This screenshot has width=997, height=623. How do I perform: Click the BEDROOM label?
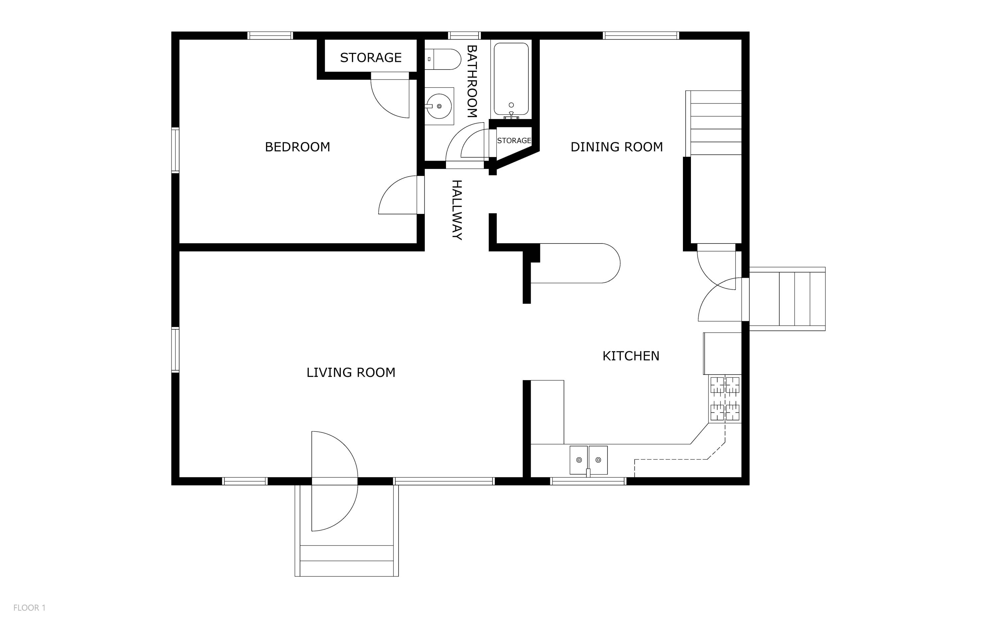pos(297,147)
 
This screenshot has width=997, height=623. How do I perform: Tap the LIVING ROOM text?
pos(351,373)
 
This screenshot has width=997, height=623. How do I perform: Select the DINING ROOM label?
pos(616,147)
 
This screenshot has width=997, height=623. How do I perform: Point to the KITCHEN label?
pos(631,356)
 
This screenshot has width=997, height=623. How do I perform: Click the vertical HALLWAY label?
pos(457,210)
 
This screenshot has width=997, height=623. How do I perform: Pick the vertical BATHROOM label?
pos(472,81)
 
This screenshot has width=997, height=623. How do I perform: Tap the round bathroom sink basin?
pos(439,106)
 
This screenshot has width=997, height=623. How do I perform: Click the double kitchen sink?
pos(588,460)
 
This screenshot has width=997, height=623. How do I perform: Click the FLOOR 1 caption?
pos(29,608)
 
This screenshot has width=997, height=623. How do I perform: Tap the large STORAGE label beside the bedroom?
pos(371,58)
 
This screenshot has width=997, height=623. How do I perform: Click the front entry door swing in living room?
pos(333,481)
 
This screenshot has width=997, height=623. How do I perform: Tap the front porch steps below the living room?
pos(346,560)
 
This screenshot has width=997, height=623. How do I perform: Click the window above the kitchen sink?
pos(588,481)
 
